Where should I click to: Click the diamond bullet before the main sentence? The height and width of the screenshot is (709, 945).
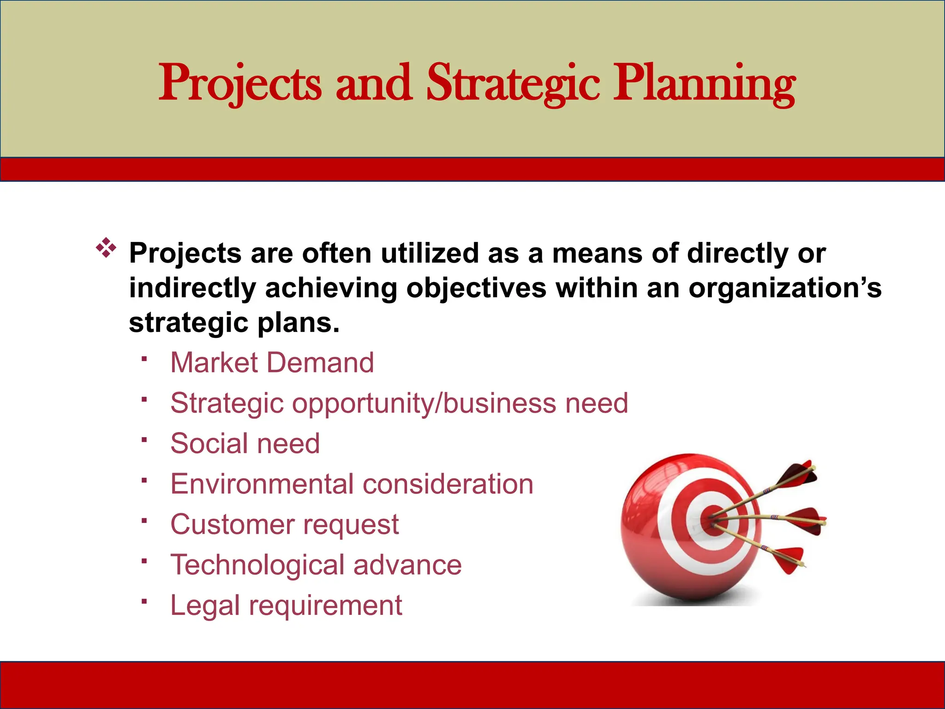(x=106, y=248)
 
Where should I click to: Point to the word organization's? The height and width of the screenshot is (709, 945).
(x=784, y=288)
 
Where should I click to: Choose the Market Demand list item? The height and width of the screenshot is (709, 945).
(x=272, y=363)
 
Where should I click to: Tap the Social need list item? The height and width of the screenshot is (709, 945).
(x=245, y=444)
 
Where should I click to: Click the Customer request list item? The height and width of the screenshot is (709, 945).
(x=284, y=525)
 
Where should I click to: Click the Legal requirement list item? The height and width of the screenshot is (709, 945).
(x=286, y=606)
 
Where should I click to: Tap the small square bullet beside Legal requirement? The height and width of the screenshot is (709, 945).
(x=144, y=601)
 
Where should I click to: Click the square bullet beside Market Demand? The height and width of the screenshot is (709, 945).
(x=144, y=359)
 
